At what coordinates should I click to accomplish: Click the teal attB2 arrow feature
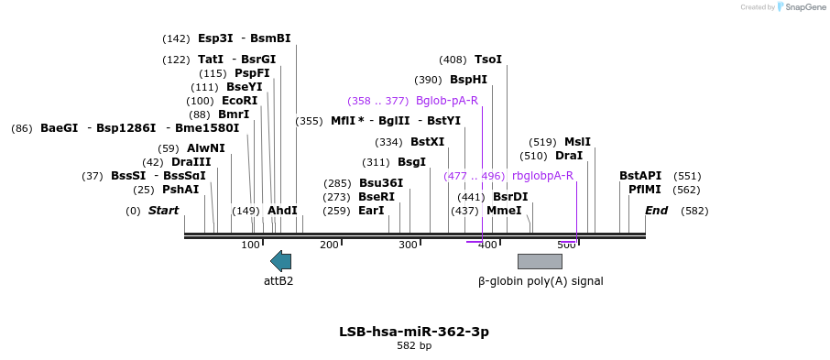click(x=281, y=261)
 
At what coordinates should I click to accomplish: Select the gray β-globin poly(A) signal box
click(x=540, y=261)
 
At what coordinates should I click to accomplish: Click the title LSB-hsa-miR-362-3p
click(x=414, y=332)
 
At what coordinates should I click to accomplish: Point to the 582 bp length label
click(x=414, y=346)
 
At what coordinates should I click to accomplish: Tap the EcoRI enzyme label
click(x=240, y=101)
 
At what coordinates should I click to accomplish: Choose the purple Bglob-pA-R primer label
click(x=447, y=101)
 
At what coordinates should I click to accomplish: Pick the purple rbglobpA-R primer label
click(x=542, y=176)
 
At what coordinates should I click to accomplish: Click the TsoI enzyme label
click(x=488, y=60)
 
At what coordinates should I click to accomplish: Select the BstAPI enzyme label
click(x=640, y=176)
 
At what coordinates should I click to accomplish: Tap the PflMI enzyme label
click(x=645, y=190)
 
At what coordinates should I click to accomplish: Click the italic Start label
click(x=163, y=211)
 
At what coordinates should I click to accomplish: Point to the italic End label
click(x=656, y=211)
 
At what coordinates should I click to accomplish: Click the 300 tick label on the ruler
click(x=408, y=245)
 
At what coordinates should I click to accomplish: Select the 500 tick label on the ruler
click(x=566, y=245)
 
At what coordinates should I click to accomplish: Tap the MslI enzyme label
click(x=577, y=142)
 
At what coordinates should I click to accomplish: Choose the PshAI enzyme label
click(x=180, y=190)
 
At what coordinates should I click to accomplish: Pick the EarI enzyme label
click(x=371, y=211)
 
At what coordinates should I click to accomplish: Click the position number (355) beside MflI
click(x=309, y=121)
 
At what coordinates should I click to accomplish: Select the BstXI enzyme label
click(x=427, y=142)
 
